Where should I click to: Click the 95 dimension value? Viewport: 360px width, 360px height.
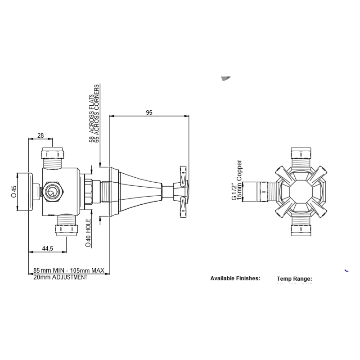(149, 113)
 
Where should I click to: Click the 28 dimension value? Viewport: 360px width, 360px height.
(40, 135)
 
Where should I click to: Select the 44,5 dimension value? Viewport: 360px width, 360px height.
(48, 248)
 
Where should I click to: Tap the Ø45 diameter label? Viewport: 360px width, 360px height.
(14, 191)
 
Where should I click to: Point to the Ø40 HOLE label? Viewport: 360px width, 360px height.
(89, 234)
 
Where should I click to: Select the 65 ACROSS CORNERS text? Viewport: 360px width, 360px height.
(97, 113)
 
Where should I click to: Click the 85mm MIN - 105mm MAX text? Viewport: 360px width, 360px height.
(69, 270)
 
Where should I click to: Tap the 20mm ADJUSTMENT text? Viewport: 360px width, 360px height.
(60, 278)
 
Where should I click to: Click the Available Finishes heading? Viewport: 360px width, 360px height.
(235, 279)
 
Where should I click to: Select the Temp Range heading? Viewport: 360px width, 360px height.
(294, 279)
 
